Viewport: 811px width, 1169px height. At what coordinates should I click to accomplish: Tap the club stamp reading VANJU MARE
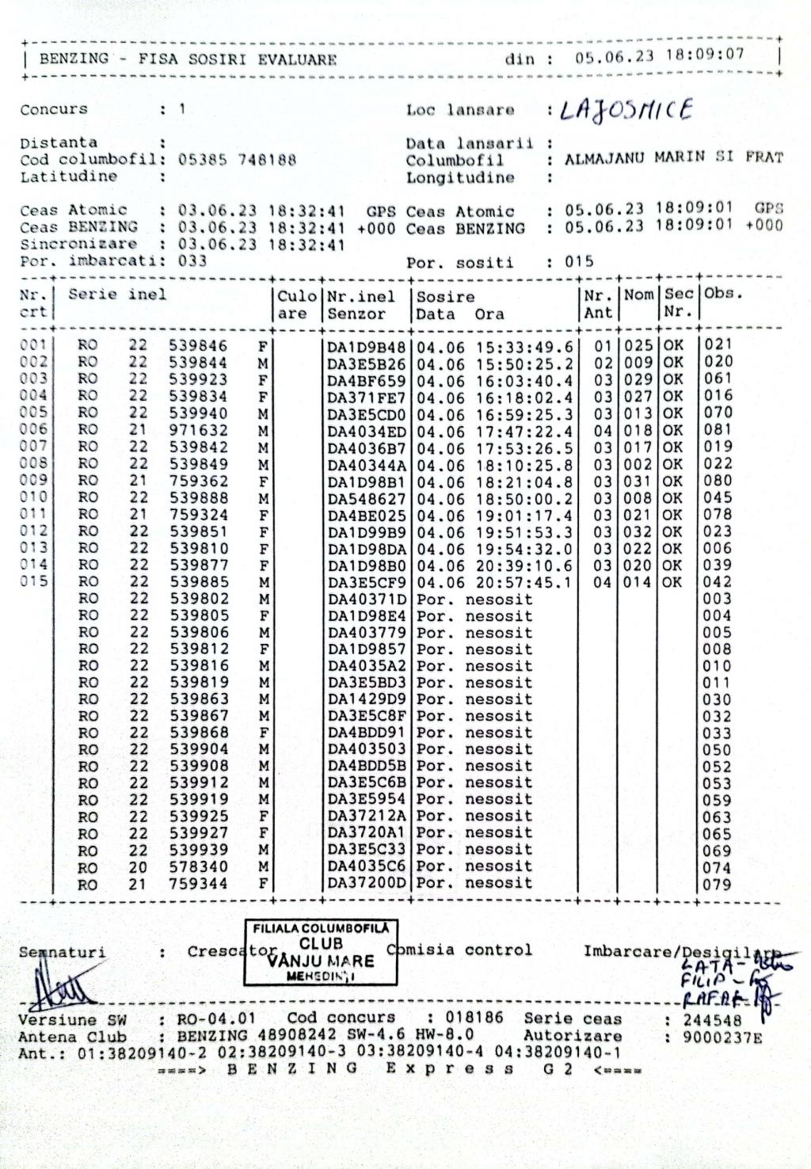(321, 952)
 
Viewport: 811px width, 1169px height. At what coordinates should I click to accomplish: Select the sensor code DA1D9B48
(367, 346)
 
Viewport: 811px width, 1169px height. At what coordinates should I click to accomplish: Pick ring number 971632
(198, 430)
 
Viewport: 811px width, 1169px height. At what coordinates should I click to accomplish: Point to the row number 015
(34, 581)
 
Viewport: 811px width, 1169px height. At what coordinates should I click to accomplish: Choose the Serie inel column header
(117, 295)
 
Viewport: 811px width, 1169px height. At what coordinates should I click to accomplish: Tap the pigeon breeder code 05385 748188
(237, 159)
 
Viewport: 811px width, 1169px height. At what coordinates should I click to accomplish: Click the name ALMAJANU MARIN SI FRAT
(673, 158)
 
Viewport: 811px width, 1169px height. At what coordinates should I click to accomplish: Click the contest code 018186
(473, 1018)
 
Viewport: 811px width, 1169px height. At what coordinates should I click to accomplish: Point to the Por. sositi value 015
(579, 261)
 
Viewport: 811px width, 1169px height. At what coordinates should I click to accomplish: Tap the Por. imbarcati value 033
(192, 261)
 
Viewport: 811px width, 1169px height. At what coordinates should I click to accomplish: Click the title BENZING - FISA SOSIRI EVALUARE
(188, 59)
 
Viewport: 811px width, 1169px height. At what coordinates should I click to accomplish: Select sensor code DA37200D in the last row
(367, 883)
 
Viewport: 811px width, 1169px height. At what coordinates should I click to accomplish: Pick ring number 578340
(198, 866)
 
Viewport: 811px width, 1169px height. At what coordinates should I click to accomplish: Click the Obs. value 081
(718, 430)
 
